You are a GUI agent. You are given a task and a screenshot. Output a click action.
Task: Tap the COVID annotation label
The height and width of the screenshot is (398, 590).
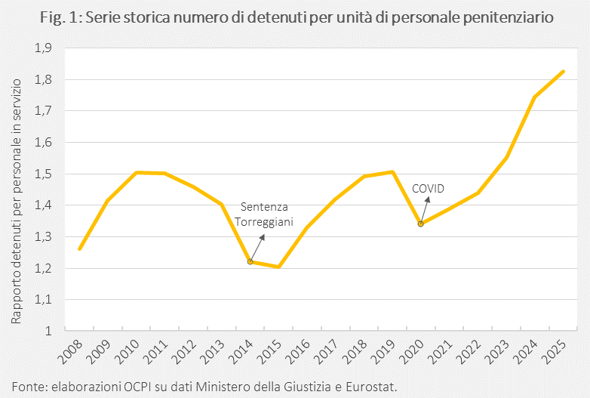(x=429, y=188)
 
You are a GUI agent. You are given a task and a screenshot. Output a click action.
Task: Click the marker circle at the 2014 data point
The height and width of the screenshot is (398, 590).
(x=250, y=261)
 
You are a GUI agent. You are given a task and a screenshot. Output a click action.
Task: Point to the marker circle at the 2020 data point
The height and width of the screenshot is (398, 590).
(x=421, y=224)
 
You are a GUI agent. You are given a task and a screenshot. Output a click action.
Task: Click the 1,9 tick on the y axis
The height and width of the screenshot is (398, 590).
(x=43, y=48)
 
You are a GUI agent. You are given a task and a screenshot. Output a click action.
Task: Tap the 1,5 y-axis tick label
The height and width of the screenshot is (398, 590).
(x=43, y=174)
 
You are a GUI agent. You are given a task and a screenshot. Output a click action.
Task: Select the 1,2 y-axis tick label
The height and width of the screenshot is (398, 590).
(x=43, y=268)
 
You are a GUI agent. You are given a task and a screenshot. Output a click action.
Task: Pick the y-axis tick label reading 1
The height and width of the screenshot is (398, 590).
(x=48, y=331)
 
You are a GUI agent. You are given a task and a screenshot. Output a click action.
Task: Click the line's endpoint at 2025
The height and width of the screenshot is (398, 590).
(x=563, y=72)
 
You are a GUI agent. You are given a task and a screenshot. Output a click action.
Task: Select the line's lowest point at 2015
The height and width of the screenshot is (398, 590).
(x=279, y=267)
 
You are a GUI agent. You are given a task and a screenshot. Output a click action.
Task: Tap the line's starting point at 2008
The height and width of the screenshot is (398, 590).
(x=80, y=248)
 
